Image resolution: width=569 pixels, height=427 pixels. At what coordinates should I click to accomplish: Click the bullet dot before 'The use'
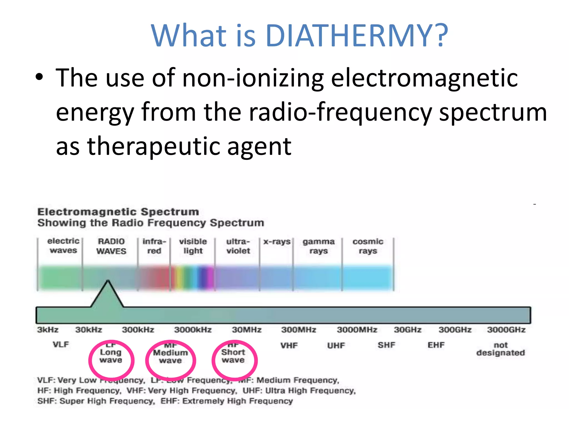[39, 77]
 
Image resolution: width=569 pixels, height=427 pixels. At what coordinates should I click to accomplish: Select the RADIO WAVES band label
[111, 246]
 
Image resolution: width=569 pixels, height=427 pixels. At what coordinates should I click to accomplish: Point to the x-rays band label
[277, 242]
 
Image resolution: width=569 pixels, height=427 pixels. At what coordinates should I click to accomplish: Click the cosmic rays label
[368, 246]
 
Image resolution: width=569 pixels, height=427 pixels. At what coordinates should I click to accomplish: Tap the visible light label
[193, 246]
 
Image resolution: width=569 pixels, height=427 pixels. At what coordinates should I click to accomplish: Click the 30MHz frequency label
[247, 330]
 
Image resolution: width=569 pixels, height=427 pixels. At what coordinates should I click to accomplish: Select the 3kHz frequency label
[48, 330]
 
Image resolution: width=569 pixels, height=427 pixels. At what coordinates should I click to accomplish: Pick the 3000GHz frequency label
[506, 330]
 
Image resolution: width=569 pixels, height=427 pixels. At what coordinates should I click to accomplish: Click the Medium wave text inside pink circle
[170, 356]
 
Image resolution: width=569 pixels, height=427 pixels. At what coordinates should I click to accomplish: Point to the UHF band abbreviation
[336, 346]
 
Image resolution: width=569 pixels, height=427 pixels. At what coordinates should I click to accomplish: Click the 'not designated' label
[500, 349]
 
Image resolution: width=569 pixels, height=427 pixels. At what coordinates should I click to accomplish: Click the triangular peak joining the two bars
[108, 295]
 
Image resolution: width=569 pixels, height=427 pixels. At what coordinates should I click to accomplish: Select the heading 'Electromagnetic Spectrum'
[118, 212]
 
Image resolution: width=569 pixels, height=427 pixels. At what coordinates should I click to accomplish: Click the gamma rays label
[318, 246]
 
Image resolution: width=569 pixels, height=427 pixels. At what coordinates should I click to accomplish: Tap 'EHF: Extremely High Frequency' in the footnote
[226, 401]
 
